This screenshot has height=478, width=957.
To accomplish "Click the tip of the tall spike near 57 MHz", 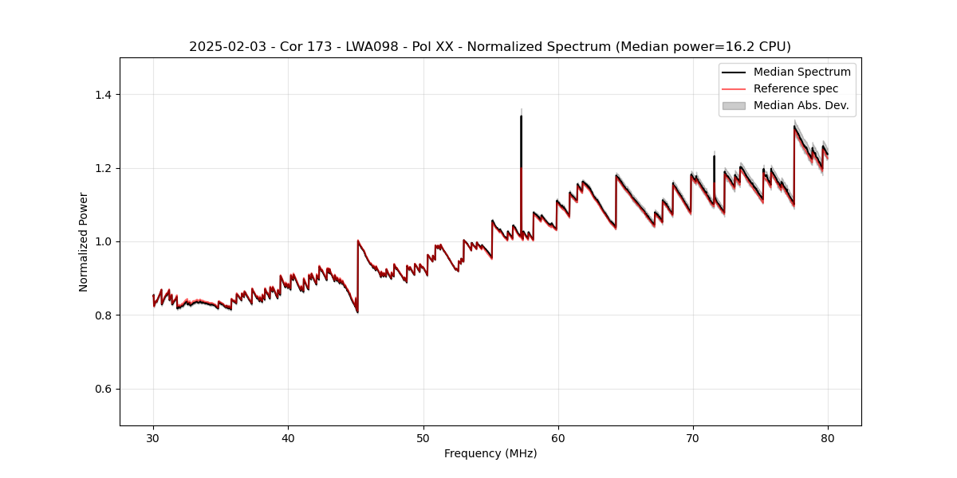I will [x=521, y=116].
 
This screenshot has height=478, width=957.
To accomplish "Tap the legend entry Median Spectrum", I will [x=801, y=72].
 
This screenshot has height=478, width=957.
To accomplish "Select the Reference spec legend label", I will [x=795, y=88].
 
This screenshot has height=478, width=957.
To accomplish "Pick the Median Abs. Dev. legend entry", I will [x=801, y=105].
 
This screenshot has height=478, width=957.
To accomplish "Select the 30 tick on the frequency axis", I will [x=154, y=437].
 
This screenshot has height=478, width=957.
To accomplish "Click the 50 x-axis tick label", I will [x=423, y=437].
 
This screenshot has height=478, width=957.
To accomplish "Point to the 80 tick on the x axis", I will [x=828, y=437].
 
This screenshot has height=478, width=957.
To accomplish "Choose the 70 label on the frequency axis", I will [x=693, y=437].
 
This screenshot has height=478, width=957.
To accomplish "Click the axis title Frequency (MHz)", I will [x=490, y=453].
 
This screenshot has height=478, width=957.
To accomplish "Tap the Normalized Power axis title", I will [x=84, y=241].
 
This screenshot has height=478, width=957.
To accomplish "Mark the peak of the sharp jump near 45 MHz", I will [x=358, y=241].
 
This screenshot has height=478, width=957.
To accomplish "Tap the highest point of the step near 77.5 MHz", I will [x=794, y=126].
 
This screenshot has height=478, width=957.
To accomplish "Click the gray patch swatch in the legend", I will [x=734, y=105].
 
